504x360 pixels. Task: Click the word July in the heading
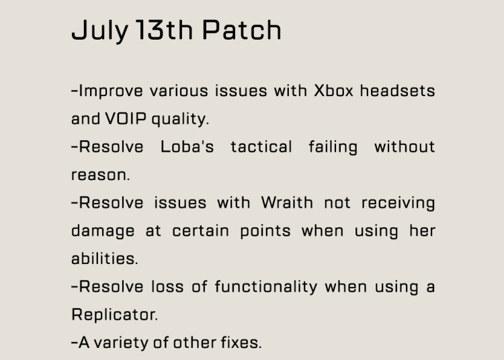(100, 30)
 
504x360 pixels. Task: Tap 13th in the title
(164, 30)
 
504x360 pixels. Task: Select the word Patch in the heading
(242, 30)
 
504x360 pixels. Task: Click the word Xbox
(333, 91)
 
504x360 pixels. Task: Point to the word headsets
(397, 90)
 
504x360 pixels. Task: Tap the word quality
(180, 120)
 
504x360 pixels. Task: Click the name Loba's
(187, 146)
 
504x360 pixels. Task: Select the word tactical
(261, 146)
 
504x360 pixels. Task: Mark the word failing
(333, 148)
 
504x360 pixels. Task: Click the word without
(405, 146)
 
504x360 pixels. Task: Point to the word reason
(100, 175)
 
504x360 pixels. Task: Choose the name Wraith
(287, 203)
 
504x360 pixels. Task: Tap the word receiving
(398, 204)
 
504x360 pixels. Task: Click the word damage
(103, 232)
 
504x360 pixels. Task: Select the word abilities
(104, 259)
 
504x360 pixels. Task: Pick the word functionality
(266, 287)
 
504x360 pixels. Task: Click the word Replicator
(114, 314)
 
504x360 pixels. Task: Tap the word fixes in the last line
(241, 343)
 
